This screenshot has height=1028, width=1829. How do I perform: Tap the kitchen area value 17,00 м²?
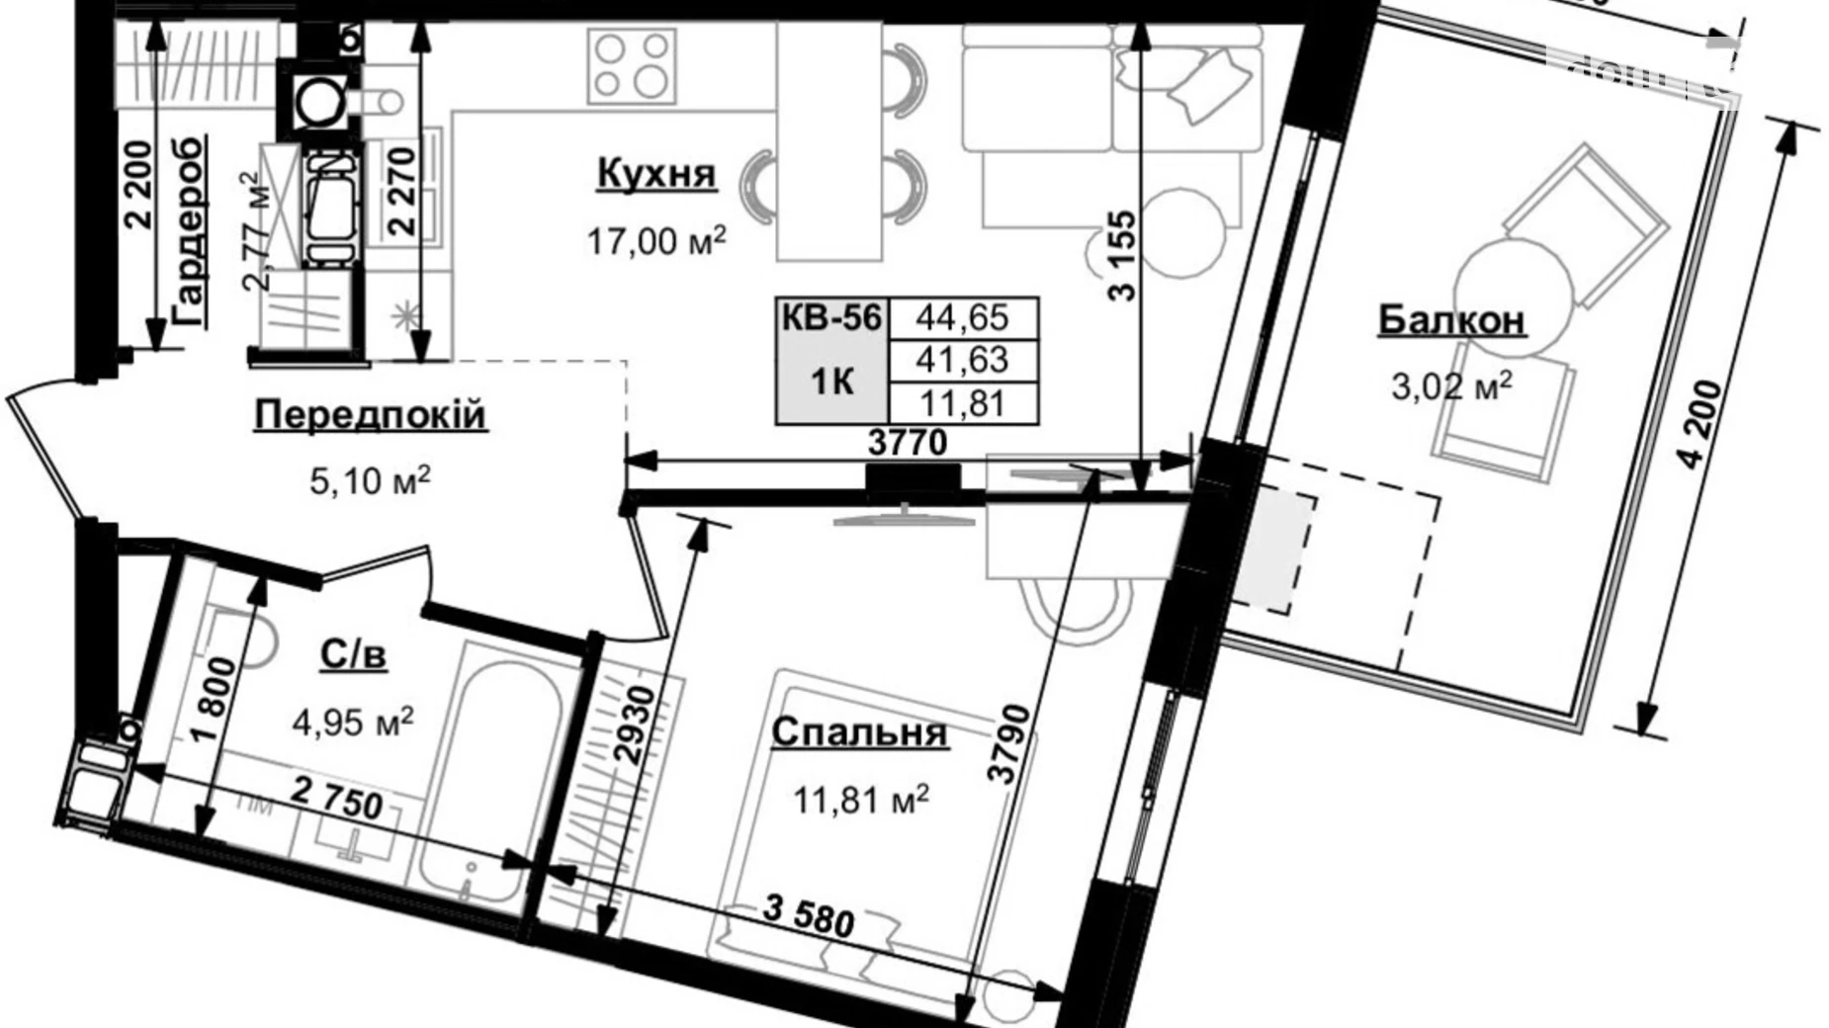click(x=656, y=240)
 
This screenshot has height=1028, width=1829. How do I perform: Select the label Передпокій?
click(x=370, y=414)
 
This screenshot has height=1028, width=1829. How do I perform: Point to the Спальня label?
click(x=859, y=732)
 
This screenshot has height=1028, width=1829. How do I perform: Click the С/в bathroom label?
click(x=353, y=653)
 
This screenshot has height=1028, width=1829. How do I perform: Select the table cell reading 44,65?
click(x=962, y=317)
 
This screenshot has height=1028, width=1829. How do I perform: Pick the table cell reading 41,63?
click(x=962, y=360)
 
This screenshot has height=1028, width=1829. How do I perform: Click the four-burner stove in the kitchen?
click(x=631, y=65)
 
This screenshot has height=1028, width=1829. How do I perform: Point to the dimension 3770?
click(x=907, y=443)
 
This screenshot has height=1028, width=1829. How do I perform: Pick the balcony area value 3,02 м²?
click(x=1451, y=385)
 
